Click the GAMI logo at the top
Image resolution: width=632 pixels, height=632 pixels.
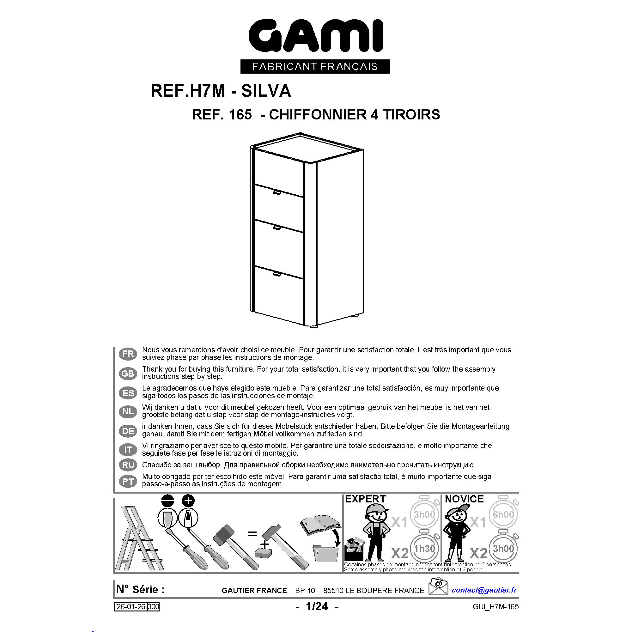coord(316,36)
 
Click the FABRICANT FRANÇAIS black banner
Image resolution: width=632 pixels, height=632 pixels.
coord(315,66)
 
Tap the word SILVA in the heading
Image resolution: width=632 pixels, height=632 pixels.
coord(266,91)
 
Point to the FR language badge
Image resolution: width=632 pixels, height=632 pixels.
coord(128,354)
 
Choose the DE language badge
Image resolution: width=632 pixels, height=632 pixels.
coord(128,431)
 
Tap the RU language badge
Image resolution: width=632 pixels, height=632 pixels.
coord(128,465)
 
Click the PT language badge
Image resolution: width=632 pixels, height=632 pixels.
coord(128,481)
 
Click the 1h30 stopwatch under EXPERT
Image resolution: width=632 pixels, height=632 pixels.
coord(424,549)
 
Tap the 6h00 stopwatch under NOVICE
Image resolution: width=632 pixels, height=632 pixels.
coord(503,514)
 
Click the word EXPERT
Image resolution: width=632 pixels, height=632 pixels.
coord(365,499)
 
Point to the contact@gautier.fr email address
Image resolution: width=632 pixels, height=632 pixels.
coord(484,590)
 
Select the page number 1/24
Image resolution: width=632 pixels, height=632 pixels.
coord(317,606)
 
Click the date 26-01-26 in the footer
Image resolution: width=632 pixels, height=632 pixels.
coord(131,607)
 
